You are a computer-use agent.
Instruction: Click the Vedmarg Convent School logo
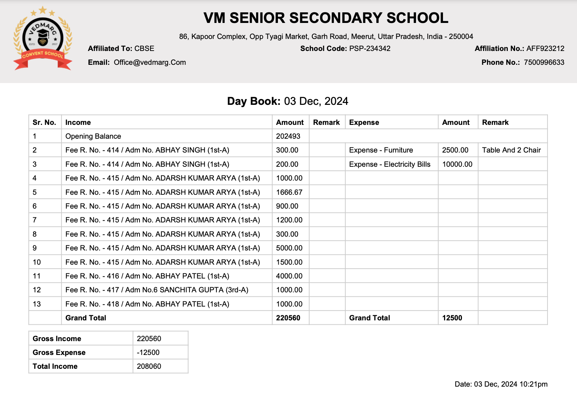coord(43,38)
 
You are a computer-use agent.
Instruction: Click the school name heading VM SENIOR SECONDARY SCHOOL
coord(326,18)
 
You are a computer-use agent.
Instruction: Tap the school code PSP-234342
coord(369,48)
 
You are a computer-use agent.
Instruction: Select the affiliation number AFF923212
coord(545,48)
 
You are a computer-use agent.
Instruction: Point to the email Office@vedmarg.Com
coord(150,62)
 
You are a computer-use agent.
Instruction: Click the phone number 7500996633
coord(544,62)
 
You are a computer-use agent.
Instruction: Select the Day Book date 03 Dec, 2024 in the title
coord(316,101)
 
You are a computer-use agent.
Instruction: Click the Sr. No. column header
coord(44,122)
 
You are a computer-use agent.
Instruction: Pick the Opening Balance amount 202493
coord(288,136)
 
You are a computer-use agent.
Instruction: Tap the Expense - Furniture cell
coord(381,150)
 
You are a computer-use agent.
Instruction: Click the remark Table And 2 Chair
coord(511,150)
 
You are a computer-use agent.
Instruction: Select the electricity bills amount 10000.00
coord(457,164)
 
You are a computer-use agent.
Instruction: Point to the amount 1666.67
coord(289,192)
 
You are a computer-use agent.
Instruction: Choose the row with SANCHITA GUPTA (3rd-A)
coord(157,290)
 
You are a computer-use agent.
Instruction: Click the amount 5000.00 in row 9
coord(289,248)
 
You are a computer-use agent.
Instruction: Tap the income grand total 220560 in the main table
coord(288,318)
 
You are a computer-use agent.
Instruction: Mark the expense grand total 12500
coord(452,318)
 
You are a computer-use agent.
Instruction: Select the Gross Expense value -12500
coord(148,352)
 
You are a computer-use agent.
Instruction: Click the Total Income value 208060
coord(149,366)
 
